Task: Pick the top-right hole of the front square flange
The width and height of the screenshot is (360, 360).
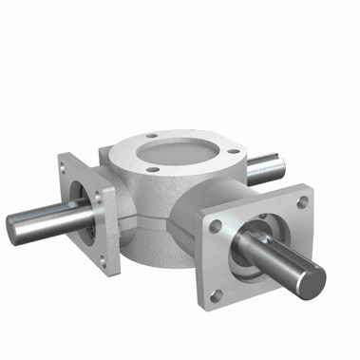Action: pyautogui.click(x=302, y=202)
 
